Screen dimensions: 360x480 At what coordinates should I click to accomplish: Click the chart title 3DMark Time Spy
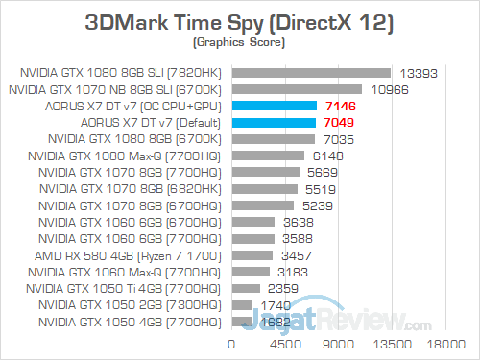pos(240,21)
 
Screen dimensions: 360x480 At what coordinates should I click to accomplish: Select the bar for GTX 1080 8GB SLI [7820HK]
pos(310,72)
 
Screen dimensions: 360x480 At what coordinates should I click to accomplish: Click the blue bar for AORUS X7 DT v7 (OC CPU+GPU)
pos(274,106)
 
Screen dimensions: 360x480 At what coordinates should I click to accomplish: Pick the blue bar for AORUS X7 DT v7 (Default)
pos(274,122)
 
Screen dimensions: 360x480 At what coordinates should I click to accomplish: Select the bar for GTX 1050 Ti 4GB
pos(245,287)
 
